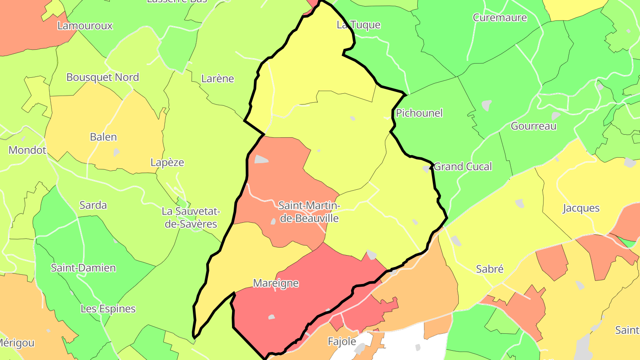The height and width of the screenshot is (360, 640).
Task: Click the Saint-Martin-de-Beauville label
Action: click(x=309, y=212)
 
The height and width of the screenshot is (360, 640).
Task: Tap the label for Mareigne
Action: click(x=276, y=283)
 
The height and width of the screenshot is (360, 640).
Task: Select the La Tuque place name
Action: click(x=358, y=25)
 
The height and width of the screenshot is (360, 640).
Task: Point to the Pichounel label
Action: click(x=419, y=113)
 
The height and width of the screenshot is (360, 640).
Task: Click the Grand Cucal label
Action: click(x=463, y=167)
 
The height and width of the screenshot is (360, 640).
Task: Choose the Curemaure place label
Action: click(x=500, y=18)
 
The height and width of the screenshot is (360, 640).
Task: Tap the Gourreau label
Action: click(x=533, y=126)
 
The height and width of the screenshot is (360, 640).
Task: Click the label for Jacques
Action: click(x=581, y=208)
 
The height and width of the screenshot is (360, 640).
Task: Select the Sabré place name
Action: click(x=489, y=269)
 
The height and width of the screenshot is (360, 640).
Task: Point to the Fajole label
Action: click(x=342, y=341)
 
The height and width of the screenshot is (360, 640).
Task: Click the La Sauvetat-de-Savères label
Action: click(x=191, y=217)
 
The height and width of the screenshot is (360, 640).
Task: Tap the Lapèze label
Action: click(x=167, y=162)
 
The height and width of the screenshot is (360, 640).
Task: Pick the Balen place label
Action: click(x=103, y=137)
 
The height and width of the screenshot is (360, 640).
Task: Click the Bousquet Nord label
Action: click(x=103, y=77)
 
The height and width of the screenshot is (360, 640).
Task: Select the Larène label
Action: click(x=217, y=79)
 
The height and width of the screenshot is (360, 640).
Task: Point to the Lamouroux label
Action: click(x=85, y=26)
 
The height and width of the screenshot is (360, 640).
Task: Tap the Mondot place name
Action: click(x=28, y=150)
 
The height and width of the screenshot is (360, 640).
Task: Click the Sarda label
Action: click(x=93, y=205)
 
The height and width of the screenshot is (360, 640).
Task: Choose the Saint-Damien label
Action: click(x=83, y=268)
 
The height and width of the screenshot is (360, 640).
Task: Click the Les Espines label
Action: click(x=108, y=308)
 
